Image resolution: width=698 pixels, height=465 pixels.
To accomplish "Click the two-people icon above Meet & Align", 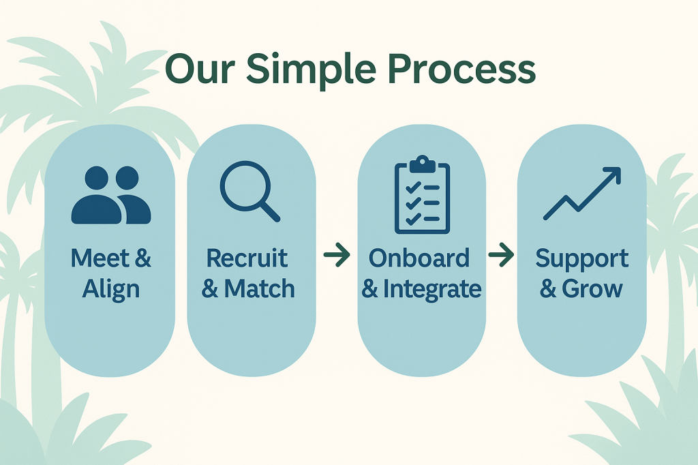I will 110,196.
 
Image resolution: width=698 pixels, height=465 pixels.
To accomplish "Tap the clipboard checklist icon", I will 422,195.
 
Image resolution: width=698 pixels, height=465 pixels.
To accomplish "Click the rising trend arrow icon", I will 582,194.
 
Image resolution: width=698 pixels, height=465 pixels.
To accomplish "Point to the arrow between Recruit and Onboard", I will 337,256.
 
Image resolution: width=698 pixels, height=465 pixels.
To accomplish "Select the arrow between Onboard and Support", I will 501,256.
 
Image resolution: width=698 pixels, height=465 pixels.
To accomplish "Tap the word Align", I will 110,289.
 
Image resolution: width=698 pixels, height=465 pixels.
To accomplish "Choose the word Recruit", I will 247,259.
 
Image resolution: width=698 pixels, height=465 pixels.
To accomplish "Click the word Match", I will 260,289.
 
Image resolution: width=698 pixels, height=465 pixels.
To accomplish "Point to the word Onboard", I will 419,259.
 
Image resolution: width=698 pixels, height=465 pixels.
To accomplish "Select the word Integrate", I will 432,289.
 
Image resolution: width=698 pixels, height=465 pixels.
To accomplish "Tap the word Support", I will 581,259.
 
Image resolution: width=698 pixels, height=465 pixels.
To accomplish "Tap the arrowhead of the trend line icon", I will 614,175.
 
